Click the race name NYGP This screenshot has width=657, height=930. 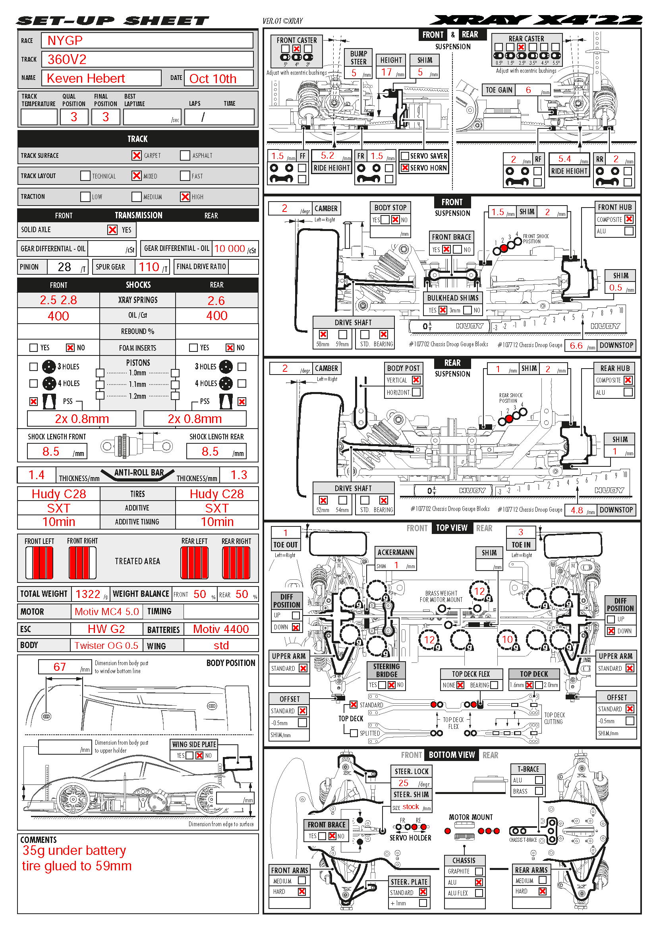point(65,41)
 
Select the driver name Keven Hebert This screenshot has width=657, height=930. point(86,78)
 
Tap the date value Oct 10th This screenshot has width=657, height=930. point(213,79)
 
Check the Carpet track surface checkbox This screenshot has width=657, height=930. point(137,155)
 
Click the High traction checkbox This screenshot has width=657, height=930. point(185,197)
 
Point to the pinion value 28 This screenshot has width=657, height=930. point(64,267)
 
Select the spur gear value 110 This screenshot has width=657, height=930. point(149,267)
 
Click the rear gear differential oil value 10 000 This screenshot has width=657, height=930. point(229,249)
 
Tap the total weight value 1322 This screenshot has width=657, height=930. point(88,594)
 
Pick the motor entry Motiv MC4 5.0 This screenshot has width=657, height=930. point(107,612)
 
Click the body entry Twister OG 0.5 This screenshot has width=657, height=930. point(106,646)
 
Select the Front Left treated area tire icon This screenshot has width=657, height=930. point(39,563)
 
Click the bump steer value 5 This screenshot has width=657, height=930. point(354,73)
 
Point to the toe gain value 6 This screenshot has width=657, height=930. point(528,90)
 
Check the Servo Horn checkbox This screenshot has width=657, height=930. point(404,168)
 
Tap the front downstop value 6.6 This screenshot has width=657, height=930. point(576,346)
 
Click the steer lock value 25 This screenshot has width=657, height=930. point(403,783)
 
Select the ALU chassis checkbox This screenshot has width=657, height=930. point(479,882)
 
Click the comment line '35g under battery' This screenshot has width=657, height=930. point(74,850)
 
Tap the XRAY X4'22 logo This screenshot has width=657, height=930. point(536,20)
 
